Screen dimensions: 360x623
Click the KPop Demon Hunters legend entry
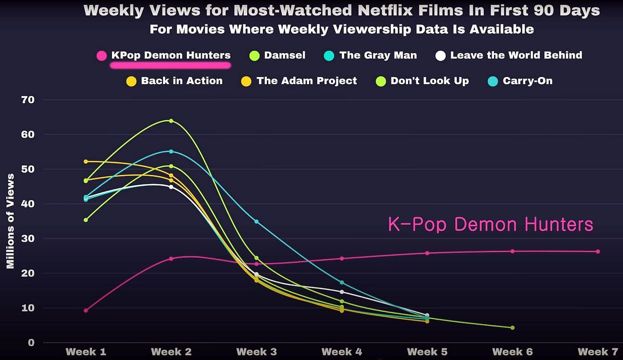pyautogui.click(x=170, y=55)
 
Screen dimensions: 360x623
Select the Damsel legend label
pyautogui.click(x=284, y=55)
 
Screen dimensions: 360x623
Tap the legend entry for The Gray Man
pyautogui.click(x=378, y=55)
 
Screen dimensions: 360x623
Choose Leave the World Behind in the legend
pyautogui.click(x=516, y=55)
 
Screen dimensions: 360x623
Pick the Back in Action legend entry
pyautogui.click(x=182, y=81)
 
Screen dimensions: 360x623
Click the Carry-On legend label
pyautogui.click(x=528, y=81)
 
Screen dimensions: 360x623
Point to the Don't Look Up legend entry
pyautogui.click(x=429, y=81)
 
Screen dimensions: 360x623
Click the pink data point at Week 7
pyautogui.click(x=598, y=252)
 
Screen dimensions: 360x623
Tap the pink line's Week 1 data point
pyautogui.click(x=86, y=310)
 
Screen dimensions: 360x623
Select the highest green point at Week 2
pyautogui.click(x=171, y=121)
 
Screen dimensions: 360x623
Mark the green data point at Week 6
pyautogui.click(x=513, y=328)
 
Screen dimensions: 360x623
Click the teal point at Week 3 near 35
pyautogui.click(x=257, y=221)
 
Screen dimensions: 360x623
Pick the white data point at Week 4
pyautogui.click(x=342, y=292)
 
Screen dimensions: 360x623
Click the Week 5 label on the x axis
pyautogui.click(x=427, y=352)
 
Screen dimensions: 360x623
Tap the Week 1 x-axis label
pyautogui.click(x=86, y=352)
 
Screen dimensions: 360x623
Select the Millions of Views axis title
pyautogui.click(x=10, y=221)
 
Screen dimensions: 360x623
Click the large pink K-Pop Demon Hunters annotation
pyautogui.click(x=491, y=225)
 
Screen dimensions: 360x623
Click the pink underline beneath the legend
pyautogui.click(x=170, y=64)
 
